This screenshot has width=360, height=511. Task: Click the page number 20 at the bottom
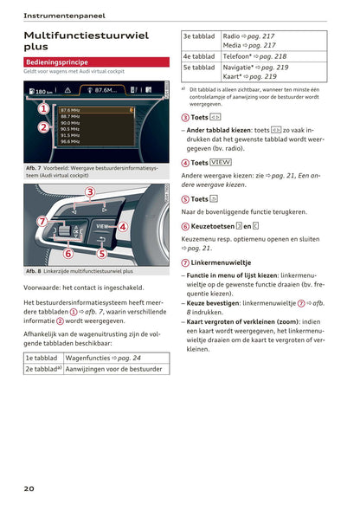pyautogui.click(x=29, y=489)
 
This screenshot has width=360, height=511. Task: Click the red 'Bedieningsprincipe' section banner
pyautogui.click(x=96, y=62)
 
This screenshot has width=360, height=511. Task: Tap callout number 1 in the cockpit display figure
pyautogui.click(x=42, y=108)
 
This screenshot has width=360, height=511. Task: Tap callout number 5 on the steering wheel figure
pyautogui.click(x=101, y=254)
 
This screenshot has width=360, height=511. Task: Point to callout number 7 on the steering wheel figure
pyautogui.click(x=41, y=221)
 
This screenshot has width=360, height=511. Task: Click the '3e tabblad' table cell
pyautogui.click(x=199, y=37)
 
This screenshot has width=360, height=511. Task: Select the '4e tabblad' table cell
pyautogui.click(x=199, y=55)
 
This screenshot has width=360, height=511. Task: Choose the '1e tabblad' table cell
pyautogui.click(x=42, y=357)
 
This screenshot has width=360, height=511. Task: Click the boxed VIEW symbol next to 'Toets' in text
pyautogui.click(x=221, y=162)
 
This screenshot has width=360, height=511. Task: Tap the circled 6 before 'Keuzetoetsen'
pyautogui.click(x=185, y=226)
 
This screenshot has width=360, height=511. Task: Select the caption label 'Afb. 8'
pyautogui.click(x=35, y=271)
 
